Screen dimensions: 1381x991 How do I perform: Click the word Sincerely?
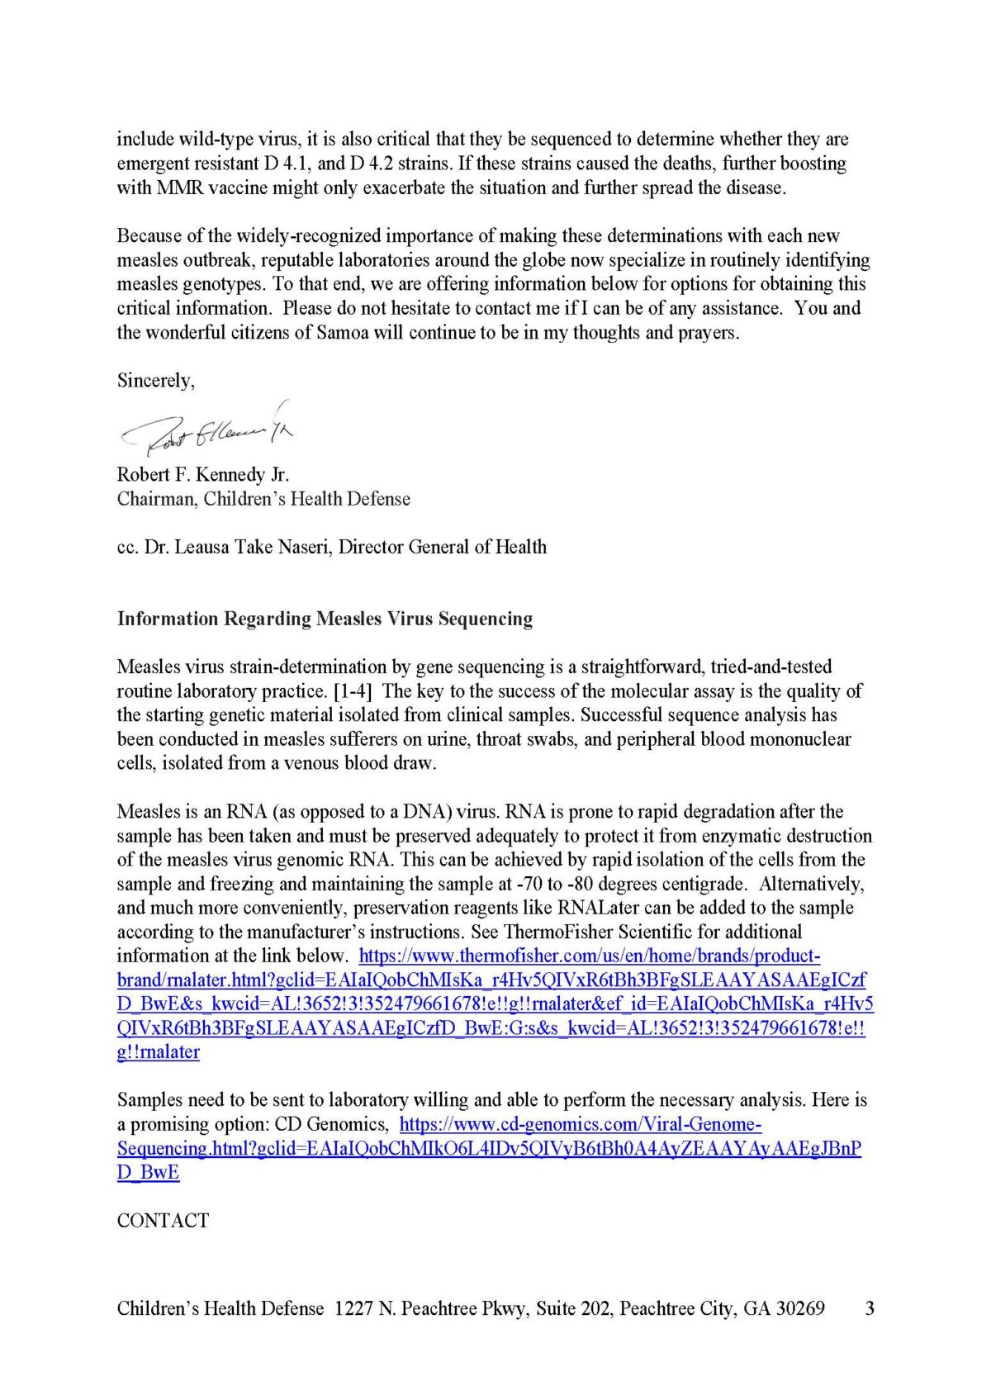(x=155, y=381)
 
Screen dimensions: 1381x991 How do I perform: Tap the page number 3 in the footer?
(x=869, y=1308)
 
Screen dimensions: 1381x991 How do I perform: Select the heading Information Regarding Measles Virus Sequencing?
(x=325, y=619)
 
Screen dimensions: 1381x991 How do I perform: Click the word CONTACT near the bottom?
(x=163, y=1220)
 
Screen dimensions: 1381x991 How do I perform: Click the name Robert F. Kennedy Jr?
(x=203, y=475)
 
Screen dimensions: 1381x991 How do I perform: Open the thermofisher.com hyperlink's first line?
(x=590, y=956)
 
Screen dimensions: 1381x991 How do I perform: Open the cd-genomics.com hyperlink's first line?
(x=580, y=1124)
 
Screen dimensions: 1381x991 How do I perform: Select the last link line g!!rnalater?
(x=159, y=1052)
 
